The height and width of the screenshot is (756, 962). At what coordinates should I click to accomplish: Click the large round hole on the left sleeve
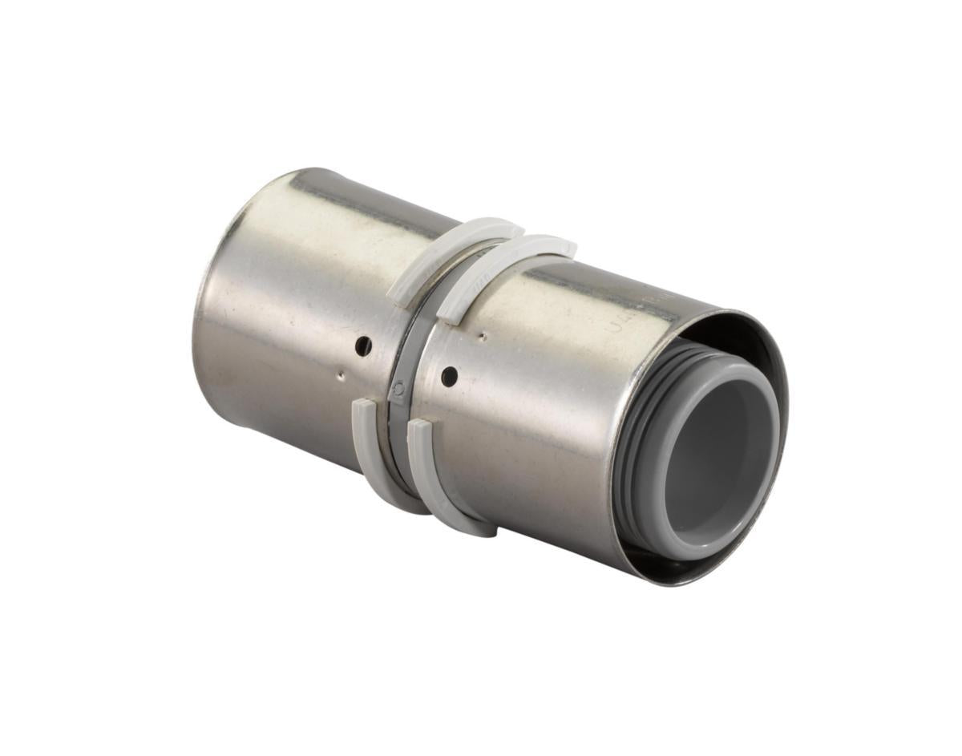click(x=363, y=346)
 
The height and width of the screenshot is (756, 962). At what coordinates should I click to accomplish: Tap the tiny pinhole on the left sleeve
click(x=341, y=372)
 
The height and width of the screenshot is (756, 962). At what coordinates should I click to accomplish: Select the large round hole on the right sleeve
click(x=450, y=374)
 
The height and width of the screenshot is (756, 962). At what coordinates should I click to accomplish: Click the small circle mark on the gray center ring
click(x=398, y=390)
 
